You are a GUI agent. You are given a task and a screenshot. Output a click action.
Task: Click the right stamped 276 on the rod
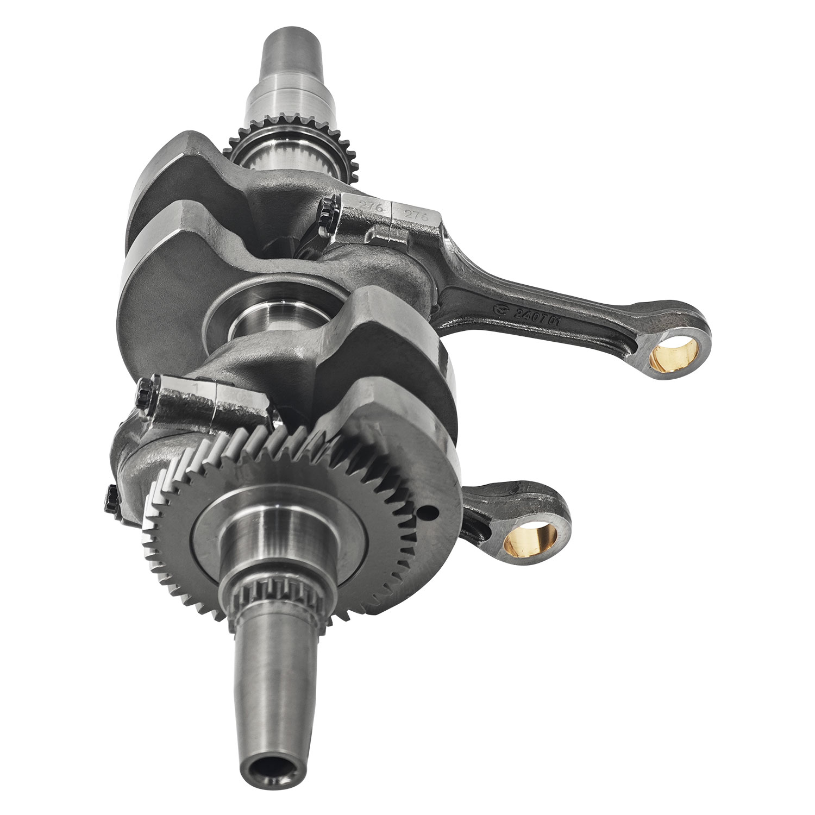tap(421, 215)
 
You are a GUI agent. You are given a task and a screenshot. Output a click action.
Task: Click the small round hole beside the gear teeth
tap(431, 512)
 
